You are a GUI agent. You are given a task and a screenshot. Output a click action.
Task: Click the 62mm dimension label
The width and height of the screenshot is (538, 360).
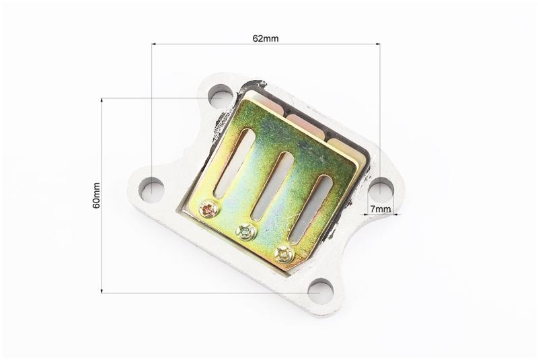pyautogui.click(x=266, y=38)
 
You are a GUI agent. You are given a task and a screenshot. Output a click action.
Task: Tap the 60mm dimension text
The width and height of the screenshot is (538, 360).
pyautogui.click(x=96, y=195)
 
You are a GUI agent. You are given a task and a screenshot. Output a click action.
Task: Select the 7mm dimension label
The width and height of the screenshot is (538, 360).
pyautogui.click(x=381, y=209)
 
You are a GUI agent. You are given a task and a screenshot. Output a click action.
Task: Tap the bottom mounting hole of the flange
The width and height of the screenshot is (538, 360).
pyautogui.click(x=321, y=291)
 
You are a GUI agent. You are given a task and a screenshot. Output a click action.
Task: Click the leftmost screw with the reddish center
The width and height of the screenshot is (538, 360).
pyautogui.click(x=208, y=209)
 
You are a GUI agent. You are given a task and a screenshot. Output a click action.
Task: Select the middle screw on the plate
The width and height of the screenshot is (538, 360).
pyautogui.click(x=246, y=232)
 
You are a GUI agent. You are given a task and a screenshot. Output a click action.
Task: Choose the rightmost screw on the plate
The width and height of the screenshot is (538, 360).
pyautogui.click(x=284, y=254)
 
